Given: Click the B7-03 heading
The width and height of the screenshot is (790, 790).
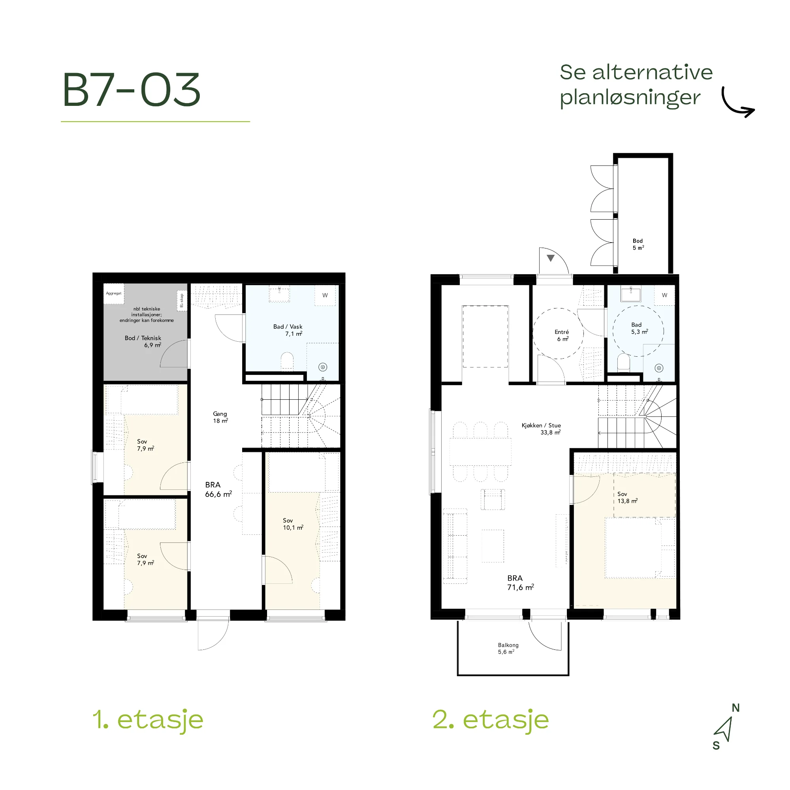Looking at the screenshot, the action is [x=131, y=90].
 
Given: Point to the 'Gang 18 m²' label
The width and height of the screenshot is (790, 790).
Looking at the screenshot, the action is [x=220, y=417].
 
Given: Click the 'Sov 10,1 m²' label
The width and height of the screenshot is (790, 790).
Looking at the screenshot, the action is [x=293, y=524].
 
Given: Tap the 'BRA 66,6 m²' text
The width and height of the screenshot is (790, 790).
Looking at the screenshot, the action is [x=218, y=489].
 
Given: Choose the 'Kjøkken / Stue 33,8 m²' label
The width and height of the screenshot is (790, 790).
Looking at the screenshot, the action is [x=541, y=429].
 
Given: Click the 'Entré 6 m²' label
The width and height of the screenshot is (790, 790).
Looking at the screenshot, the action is [x=562, y=335].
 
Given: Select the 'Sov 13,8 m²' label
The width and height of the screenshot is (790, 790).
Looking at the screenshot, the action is [x=627, y=498].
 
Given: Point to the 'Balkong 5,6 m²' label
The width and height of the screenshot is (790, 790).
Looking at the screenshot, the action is [x=508, y=648].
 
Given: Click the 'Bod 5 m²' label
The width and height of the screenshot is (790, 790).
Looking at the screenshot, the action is [x=638, y=245].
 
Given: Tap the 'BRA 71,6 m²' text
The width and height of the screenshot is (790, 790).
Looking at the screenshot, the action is [x=521, y=583].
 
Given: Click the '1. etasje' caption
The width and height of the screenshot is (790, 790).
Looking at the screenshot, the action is [x=148, y=720].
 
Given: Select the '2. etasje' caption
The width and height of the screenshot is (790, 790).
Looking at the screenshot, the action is [x=491, y=720].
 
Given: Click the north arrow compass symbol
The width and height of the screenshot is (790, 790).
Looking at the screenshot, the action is [x=724, y=729].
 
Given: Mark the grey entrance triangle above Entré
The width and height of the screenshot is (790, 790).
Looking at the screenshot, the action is [x=550, y=258].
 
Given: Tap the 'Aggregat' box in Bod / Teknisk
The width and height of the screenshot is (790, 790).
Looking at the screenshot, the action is [x=114, y=293].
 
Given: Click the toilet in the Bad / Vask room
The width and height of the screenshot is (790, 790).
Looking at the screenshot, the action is [x=287, y=361].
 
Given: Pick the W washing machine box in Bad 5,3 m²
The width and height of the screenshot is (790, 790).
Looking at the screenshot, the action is [x=664, y=295].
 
